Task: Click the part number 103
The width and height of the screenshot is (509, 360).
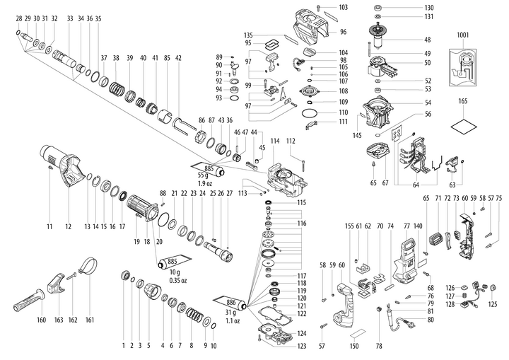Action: [x=343, y=7]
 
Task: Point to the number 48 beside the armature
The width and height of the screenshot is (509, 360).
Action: [x=428, y=40]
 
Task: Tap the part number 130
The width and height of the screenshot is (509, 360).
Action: [x=429, y=7]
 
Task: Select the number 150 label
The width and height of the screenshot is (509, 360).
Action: [x=354, y=346]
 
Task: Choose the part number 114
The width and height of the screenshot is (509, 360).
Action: [x=274, y=141]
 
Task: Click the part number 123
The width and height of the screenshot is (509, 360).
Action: [x=302, y=346]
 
